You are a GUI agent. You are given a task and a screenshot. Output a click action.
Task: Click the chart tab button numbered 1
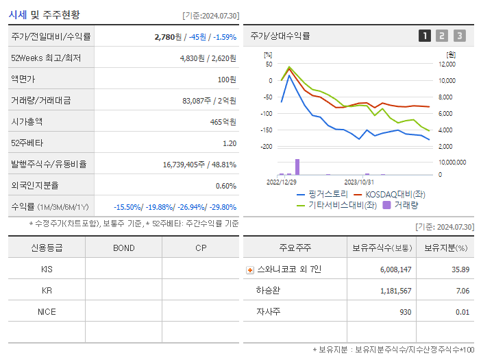[x=425, y=36]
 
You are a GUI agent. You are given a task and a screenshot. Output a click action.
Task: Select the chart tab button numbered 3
[x=459, y=36]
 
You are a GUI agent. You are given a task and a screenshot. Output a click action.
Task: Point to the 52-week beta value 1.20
[x=229, y=143]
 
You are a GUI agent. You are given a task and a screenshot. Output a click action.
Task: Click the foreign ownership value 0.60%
[x=225, y=185]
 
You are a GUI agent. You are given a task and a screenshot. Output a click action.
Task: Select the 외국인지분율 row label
[x=34, y=185]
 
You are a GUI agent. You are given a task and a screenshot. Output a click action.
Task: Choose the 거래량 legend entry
[x=405, y=204]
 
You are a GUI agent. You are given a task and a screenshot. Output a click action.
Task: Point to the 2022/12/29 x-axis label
[x=281, y=182]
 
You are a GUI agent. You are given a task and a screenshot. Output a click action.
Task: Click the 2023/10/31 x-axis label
[x=358, y=182]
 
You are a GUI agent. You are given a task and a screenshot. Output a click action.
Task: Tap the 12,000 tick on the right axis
[x=446, y=64]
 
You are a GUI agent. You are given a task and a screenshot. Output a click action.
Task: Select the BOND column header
[x=123, y=248]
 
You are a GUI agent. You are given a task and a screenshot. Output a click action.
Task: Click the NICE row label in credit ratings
[x=47, y=311]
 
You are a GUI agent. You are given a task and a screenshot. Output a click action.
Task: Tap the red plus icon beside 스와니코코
[x=249, y=269]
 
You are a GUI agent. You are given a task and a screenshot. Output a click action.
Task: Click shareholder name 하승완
[x=267, y=291]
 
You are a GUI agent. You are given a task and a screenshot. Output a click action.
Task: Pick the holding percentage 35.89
[x=460, y=269]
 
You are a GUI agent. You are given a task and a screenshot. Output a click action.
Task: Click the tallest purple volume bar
[x=297, y=167]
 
